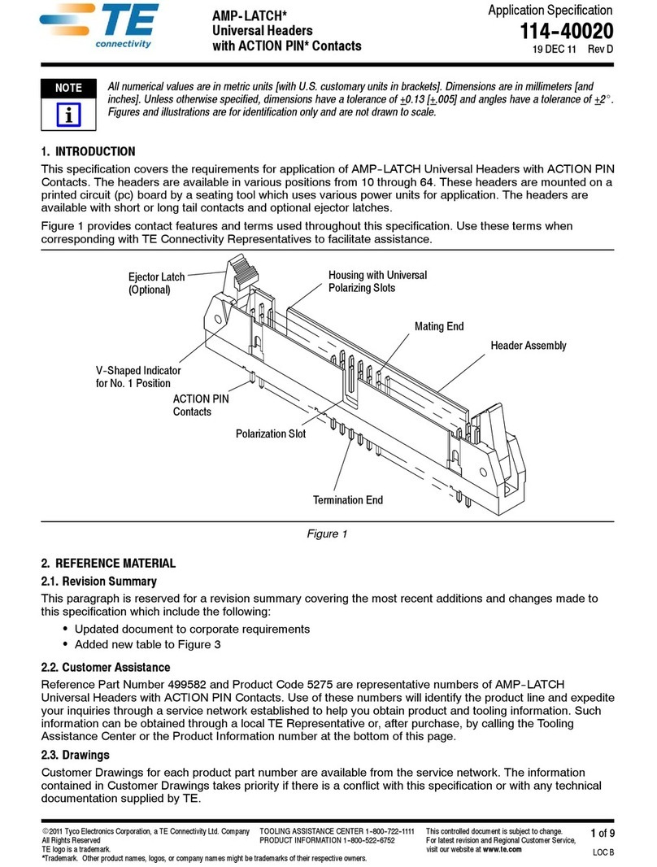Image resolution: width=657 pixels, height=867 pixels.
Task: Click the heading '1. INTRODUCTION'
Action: tap(88, 152)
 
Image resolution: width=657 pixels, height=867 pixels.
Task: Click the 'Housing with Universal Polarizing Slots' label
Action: tap(377, 281)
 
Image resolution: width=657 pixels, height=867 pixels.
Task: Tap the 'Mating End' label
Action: tap(439, 326)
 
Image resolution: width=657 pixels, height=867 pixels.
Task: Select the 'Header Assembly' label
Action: tap(528, 346)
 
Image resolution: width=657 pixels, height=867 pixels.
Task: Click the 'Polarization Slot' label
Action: tap(271, 434)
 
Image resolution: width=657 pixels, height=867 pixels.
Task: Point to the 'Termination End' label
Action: tap(348, 500)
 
